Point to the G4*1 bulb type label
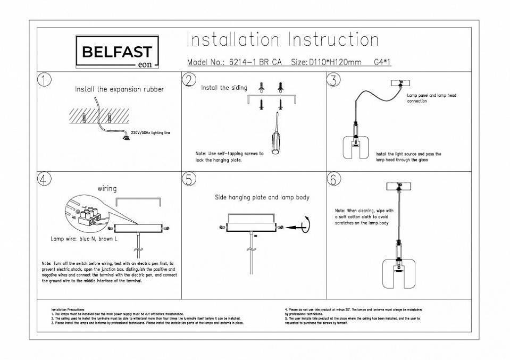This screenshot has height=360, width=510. pyautogui.click(x=383, y=62)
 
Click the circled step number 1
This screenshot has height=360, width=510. pyautogui.click(x=44, y=80)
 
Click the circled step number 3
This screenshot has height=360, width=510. pyautogui.click(x=333, y=80)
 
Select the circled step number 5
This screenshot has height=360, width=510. pyautogui.click(x=188, y=179)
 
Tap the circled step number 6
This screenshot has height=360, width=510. pyautogui.click(x=333, y=179)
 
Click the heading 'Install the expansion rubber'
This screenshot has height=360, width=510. pyautogui.click(x=119, y=89)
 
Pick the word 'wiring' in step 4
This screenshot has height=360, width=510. pyautogui.click(x=107, y=188)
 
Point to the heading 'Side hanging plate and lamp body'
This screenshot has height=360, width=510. pyautogui.click(x=262, y=197)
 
